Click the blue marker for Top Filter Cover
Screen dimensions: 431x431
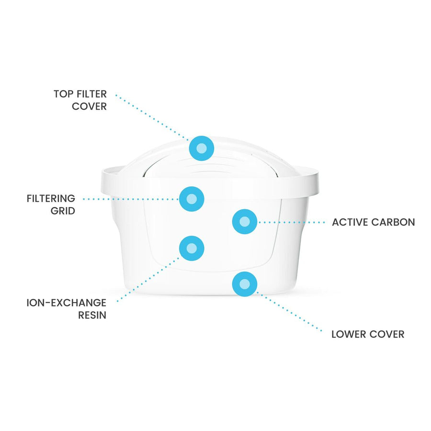[x=202, y=148]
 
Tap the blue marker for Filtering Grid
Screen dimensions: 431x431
[x=192, y=199]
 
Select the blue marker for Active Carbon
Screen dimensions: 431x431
[x=244, y=222]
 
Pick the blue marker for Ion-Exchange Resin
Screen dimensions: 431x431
[x=192, y=248]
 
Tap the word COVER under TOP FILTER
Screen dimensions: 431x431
[x=89, y=107]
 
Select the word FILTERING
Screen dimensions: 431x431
[x=51, y=198]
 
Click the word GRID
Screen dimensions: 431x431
[x=63, y=211]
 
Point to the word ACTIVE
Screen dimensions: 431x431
[x=350, y=222]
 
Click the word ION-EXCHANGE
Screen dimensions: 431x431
[x=67, y=303]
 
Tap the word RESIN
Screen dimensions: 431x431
[x=92, y=315]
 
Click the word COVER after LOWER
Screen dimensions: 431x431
[x=388, y=334]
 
